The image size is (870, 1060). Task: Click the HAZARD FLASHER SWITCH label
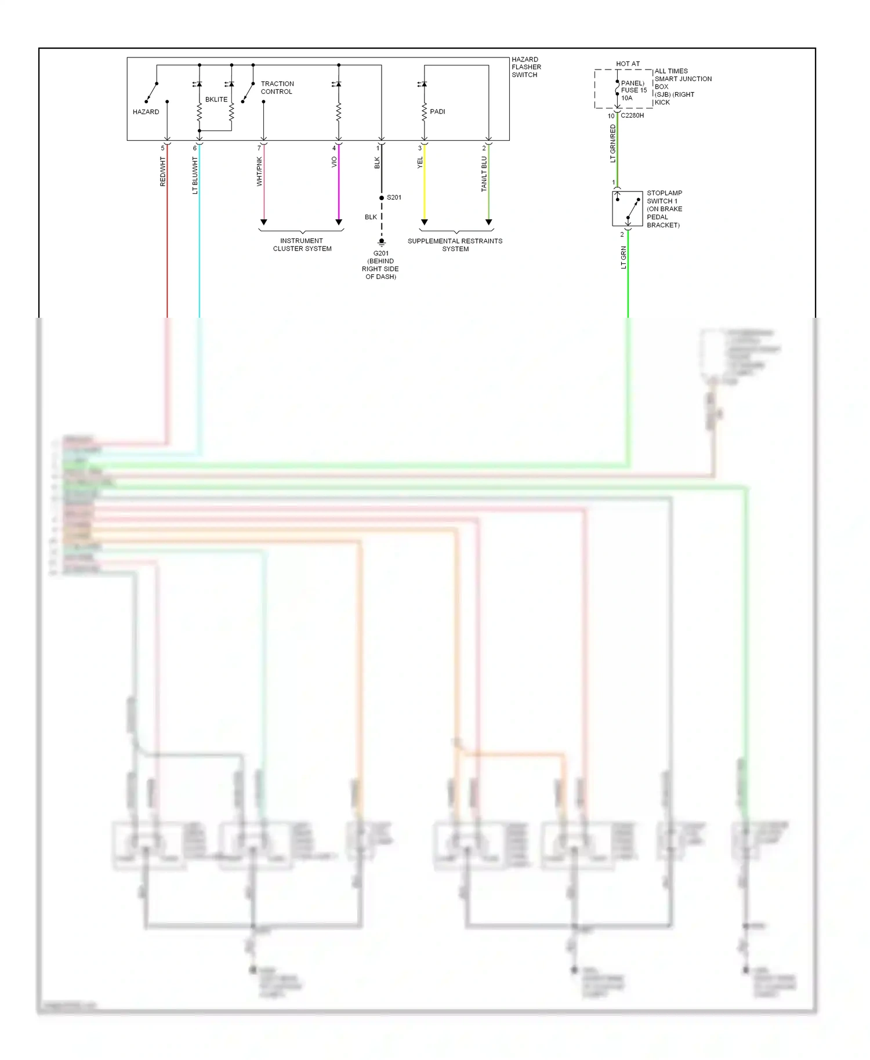pyautogui.click(x=525, y=67)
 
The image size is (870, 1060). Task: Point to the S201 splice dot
pyautogui.click(x=382, y=198)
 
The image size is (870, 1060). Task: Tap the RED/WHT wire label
pyautogui.click(x=163, y=172)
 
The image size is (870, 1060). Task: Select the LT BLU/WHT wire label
pyautogui.click(x=195, y=176)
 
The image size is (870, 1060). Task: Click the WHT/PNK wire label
pyautogui.click(x=260, y=172)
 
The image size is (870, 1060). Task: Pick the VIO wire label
pyautogui.click(x=334, y=162)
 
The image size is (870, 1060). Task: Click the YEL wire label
pyautogui.click(x=420, y=164)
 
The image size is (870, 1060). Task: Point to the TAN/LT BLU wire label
pyautogui.click(x=484, y=174)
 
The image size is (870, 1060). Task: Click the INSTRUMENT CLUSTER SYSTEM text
pyautogui.click(x=302, y=245)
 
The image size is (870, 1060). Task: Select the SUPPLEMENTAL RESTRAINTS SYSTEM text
pyautogui.click(x=455, y=245)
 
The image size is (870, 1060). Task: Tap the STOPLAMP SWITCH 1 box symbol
pyautogui.click(x=628, y=209)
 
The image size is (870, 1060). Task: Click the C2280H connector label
pyautogui.click(x=632, y=115)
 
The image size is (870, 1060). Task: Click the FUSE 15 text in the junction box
pyautogui.click(x=634, y=90)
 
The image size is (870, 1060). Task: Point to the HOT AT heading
pyautogui.click(x=628, y=64)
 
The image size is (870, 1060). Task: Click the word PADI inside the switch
pyautogui.click(x=437, y=111)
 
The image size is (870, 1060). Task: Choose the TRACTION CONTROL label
pyautogui.click(x=277, y=88)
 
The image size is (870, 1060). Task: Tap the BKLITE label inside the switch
pyautogui.click(x=216, y=100)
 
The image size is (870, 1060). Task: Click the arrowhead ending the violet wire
pyautogui.click(x=339, y=222)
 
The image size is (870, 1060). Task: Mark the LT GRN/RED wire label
pyautogui.click(x=613, y=144)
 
